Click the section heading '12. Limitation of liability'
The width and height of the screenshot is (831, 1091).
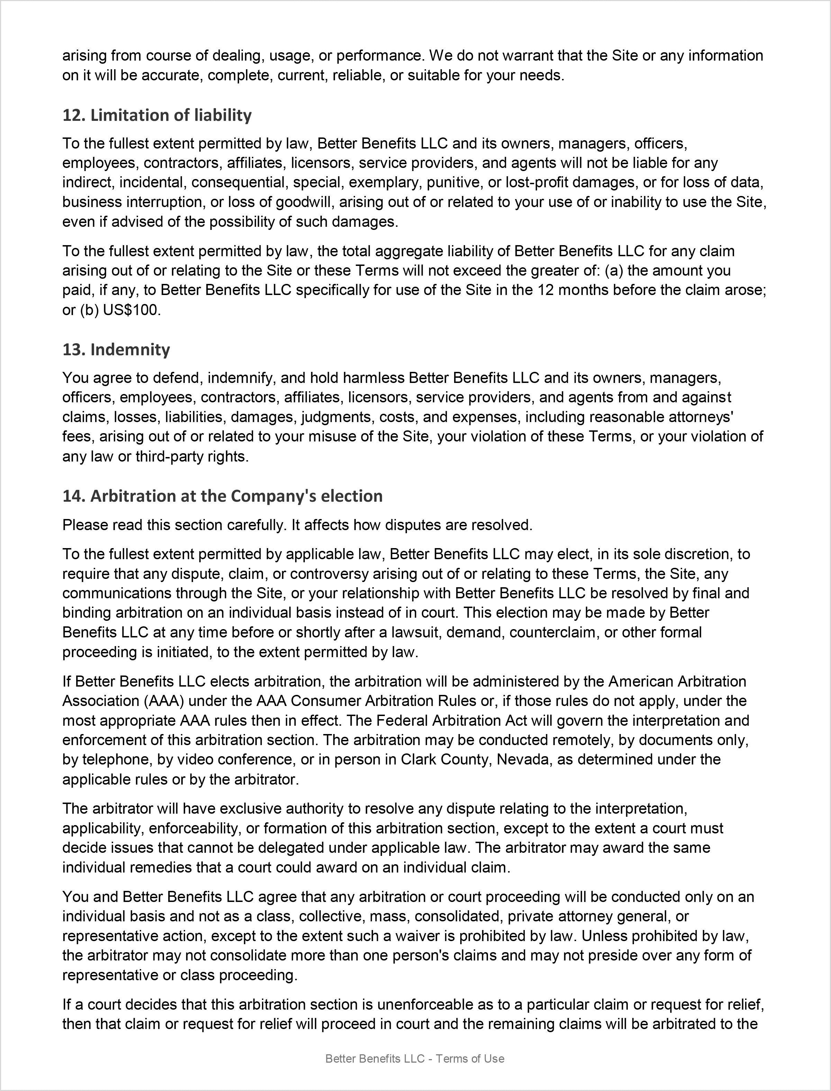[x=157, y=115]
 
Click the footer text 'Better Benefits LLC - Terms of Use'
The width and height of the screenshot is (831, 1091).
[x=415, y=1059]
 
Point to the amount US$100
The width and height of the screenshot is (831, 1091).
[x=132, y=310]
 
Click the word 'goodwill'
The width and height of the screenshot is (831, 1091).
[x=305, y=202]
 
